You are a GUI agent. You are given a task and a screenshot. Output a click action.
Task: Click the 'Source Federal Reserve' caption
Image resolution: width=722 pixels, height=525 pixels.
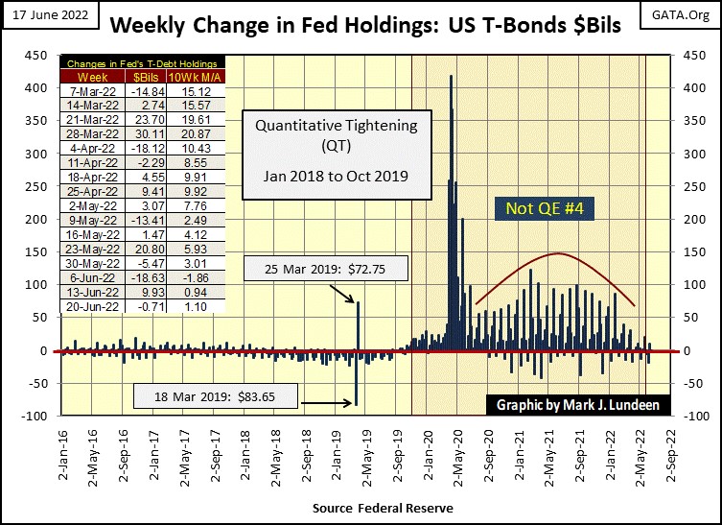click(383, 507)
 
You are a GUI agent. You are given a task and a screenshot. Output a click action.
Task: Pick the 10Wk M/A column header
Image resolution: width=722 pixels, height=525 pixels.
click(195, 76)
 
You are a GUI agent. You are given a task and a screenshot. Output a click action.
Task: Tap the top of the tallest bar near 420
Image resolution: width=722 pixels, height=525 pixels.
click(451, 75)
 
